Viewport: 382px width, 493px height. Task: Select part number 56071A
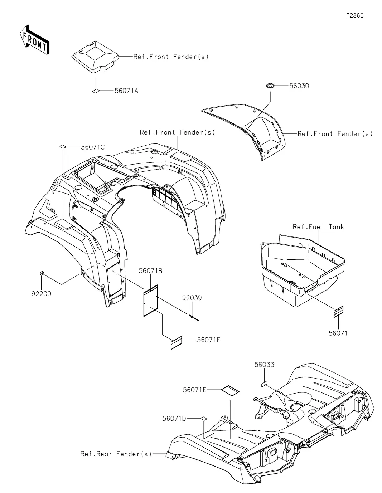[x=126, y=91]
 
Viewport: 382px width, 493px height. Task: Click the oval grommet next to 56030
[x=270, y=86]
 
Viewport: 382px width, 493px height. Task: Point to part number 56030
[x=299, y=86]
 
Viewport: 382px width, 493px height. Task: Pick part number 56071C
[x=93, y=147]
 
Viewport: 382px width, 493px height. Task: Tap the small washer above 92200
[x=42, y=274]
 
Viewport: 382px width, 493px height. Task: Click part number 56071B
[x=151, y=271]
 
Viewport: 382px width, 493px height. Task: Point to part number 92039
[x=192, y=298]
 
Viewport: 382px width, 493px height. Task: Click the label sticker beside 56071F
[x=176, y=342]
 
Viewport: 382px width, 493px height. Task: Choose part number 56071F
[x=208, y=340]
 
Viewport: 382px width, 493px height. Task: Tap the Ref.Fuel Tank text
[x=318, y=227]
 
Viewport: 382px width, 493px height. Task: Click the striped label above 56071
[x=338, y=312]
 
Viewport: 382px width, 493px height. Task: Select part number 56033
[x=264, y=365]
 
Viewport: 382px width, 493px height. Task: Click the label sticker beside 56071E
[x=230, y=390]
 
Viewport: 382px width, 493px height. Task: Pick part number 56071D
[x=174, y=418]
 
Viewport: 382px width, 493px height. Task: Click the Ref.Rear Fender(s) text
[x=116, y=454]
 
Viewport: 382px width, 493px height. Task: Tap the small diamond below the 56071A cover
[x=96, y=91]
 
